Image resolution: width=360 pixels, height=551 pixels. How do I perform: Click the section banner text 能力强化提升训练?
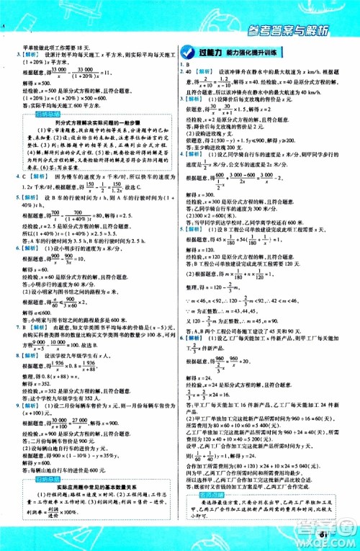[256, 51]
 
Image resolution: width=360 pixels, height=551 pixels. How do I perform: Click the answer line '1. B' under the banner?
[185, 65]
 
